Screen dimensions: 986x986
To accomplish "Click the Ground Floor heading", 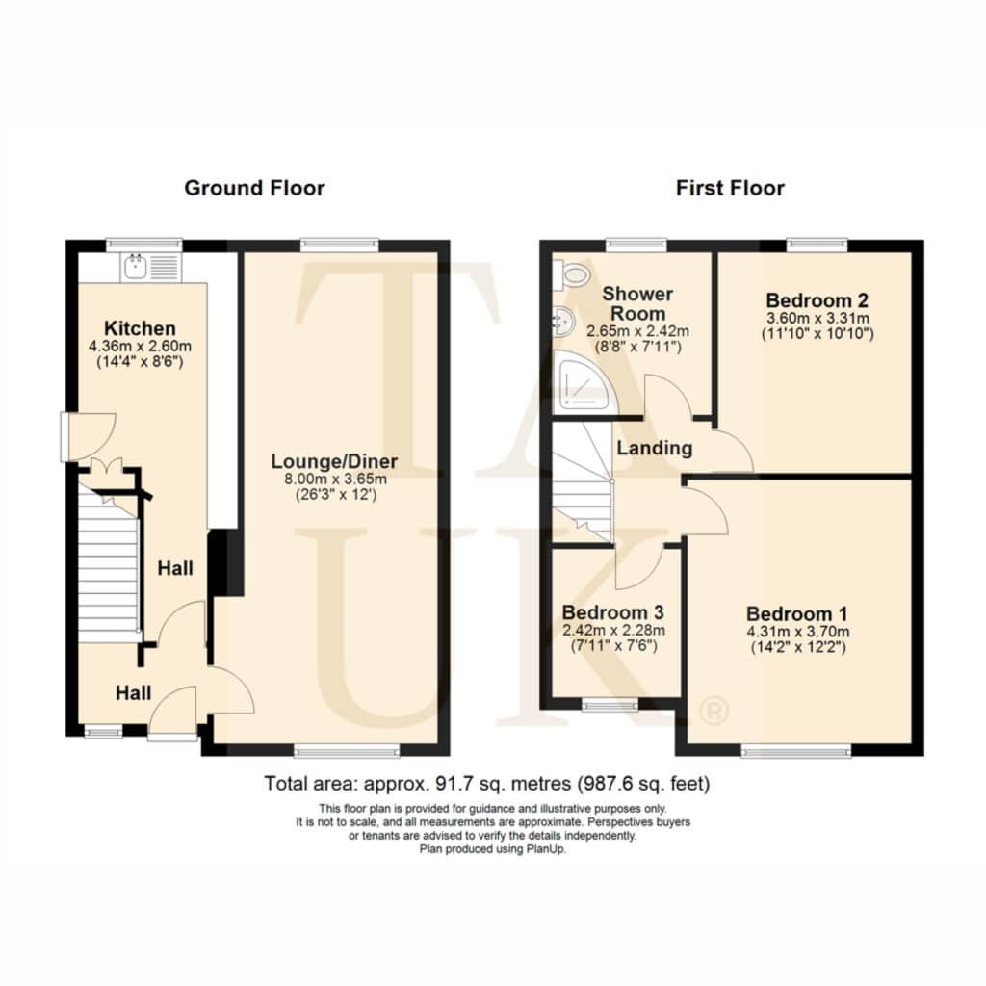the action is click(x=254, y=188).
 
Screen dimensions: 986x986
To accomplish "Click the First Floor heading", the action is click(x=730, y=188).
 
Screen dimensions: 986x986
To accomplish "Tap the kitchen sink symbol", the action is click(x=151, y=268).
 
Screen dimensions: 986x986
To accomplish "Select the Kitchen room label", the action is click(x=140, y=328).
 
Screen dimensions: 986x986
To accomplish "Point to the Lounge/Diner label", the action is click(x=334, y=461).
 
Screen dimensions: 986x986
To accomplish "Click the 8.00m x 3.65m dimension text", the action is click(x=336, y=480).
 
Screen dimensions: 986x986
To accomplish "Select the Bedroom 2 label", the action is click(x=817, y=300).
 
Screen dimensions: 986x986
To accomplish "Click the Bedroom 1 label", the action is click(x=797, y=613).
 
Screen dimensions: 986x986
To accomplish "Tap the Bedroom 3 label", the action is click(x=613, y=612).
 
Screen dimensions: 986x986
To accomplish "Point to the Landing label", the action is click(x=655, y=449).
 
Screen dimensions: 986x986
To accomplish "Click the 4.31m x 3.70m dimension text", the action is click(x=798, y=632).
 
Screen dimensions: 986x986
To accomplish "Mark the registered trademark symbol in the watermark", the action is click(x=714, y=712).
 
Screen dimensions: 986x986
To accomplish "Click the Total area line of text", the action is click(x=486, y=784).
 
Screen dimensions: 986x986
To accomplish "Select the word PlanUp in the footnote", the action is click(x=548, y=849).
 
